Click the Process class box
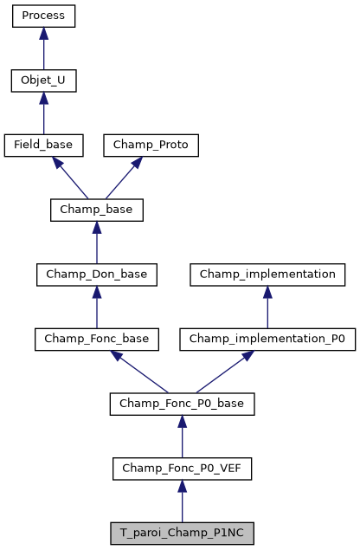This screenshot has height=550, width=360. click(43, 16)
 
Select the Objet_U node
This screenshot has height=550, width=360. click(43, 81)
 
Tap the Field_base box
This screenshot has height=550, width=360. click(43, 146)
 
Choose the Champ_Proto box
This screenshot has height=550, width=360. click(151, 146)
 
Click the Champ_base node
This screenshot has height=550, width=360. click(96, 210)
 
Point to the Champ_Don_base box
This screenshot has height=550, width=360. click(96, 275)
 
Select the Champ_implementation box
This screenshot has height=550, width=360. click(267, 275)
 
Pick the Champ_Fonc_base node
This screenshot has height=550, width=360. click(96, 340)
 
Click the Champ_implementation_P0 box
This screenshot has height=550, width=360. click(267, 340)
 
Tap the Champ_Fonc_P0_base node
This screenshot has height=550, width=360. click(182, 404)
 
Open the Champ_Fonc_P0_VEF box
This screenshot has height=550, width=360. click(182, 469)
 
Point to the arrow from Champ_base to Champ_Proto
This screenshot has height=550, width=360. click(124, 178)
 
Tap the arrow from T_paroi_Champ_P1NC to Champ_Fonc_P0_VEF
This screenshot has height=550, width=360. click(182, 501)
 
